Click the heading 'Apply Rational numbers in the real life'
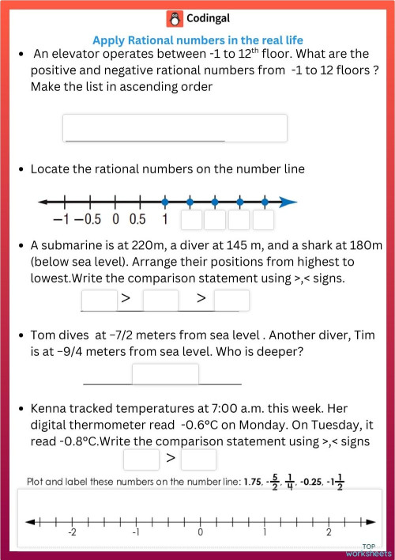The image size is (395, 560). click(x=197, y=40)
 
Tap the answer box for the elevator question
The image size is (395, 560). click(x=175, y=128)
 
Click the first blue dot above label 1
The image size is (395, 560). click(x=164, y=200)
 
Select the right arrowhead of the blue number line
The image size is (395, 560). click(x=289, y=200)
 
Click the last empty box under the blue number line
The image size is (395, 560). click(x=263, y=219)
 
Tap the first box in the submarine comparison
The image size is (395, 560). click(x=100, y=300)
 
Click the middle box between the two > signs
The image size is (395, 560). click(x=160, y=300)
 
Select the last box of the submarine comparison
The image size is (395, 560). click(x=231, y=300)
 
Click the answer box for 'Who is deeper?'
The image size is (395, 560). click(x=165, y=373)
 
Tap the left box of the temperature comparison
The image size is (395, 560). click(x=141, y=459)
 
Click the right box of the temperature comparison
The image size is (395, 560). click(x=198, y=459)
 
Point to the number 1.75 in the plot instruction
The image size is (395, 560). click(x=252, y=481)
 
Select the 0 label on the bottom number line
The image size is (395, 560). click(x=201, y=533)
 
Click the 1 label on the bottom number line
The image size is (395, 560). click(x=264, y=533)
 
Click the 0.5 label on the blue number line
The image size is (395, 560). click(x=137, y=219)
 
